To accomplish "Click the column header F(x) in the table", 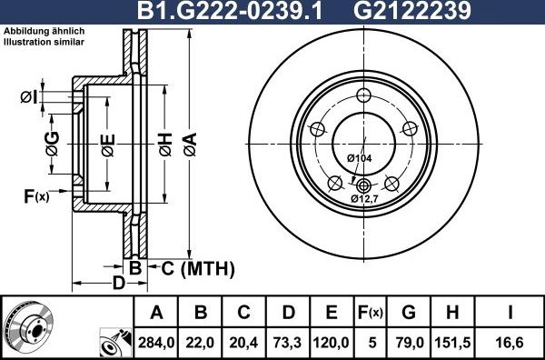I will [371, 313].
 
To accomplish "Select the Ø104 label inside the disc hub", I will [361, 158].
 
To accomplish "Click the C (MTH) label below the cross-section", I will [197, 268].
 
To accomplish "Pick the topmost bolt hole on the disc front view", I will [364, 97].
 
